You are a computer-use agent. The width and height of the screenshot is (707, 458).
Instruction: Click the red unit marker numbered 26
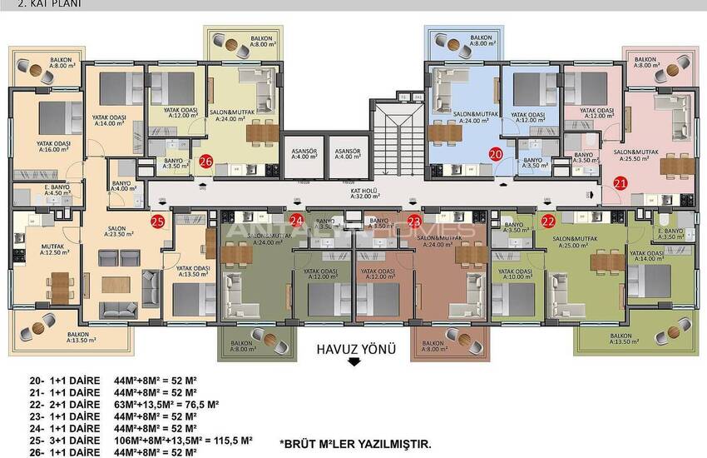coord(206,162)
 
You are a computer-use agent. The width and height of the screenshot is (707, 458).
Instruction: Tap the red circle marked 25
coord(157,221)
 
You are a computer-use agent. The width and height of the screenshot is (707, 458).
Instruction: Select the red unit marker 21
coord(620,184)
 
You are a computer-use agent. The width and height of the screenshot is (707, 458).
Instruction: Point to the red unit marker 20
coord(496,154)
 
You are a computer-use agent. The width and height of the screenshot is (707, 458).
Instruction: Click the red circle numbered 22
coord(548,221)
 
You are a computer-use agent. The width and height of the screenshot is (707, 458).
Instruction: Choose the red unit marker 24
coord(296,221)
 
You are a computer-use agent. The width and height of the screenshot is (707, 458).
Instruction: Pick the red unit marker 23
coord(415,221)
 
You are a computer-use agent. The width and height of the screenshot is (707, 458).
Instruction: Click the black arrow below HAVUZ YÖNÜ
coord(354,361)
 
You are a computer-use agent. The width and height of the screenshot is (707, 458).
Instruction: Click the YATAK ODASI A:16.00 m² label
coord(53,147)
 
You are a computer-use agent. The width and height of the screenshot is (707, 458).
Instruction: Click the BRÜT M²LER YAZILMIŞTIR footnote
coord(355,446)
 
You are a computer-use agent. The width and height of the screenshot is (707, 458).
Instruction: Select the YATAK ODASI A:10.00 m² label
coord(516,274)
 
